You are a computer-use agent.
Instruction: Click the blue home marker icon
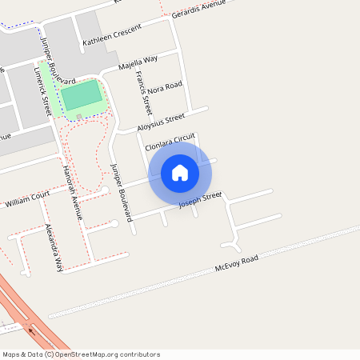tap(180, 172)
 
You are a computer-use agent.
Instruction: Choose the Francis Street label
tap(143, 93)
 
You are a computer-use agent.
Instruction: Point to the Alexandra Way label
tap(52, 248)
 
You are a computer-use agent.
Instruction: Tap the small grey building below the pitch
tap(78, 117)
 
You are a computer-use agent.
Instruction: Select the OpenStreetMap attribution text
tap(81, 354)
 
